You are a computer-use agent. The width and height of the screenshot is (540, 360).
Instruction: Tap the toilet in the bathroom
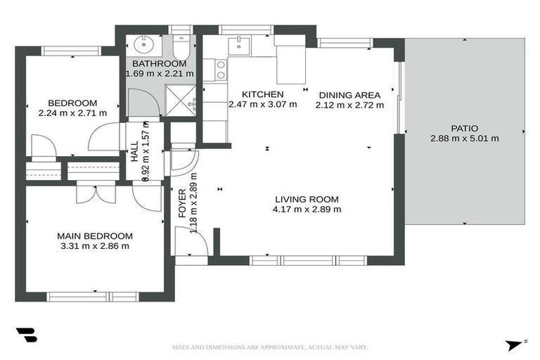tap(180, 49)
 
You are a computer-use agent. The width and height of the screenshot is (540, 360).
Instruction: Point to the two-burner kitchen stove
tap(220, 70)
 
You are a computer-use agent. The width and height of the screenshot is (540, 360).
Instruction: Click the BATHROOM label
tap(159, 63)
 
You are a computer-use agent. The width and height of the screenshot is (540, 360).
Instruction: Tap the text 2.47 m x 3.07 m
tap(263, 105)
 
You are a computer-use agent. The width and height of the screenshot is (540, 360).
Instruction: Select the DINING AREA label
tap(349, 95)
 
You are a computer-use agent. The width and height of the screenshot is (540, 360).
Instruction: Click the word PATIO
tap(464, 128)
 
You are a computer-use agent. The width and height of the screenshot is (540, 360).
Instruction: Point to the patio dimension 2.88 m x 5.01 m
tap(464, 139)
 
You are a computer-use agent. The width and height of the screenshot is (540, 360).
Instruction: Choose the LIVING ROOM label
tap(307, 198)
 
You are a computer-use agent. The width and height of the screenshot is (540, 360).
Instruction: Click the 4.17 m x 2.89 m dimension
tap(307, 209)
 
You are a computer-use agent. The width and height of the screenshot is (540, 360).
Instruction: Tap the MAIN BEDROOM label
tap(96, 236)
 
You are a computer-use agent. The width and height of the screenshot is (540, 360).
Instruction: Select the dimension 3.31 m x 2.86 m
tap(96, 246)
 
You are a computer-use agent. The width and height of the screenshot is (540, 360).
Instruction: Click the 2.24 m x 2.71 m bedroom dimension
tap(72, 112)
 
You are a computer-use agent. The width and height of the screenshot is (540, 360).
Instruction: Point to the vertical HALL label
tap(134, 151)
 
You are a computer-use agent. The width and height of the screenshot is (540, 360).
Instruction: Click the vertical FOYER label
tap(181, 202)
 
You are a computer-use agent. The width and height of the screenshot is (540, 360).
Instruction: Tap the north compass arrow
tap(514, 345)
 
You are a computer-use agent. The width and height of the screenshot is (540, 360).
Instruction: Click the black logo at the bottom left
tap(26, 335)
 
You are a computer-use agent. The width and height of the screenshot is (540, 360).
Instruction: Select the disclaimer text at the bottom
tap(270, 347)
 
